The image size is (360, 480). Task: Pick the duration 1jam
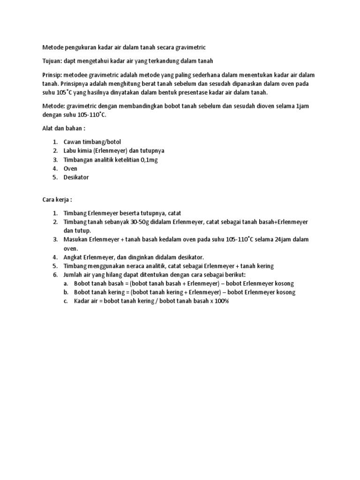[x=302, y=106]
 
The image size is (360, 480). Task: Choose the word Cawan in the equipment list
[x=73, y=142]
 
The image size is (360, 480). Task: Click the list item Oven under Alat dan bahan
[x=70, y=168]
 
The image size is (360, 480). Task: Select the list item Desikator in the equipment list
[x=76, y=177]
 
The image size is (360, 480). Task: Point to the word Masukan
[x=76, y=240]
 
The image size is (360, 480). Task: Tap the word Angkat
[x=73, y=257]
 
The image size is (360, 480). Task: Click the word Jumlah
[x=74, y=274]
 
